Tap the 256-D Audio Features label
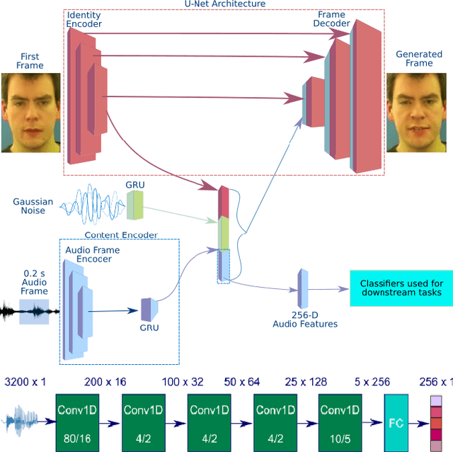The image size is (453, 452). (x=305, y=319)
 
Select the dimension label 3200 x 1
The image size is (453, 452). (x=25, y=383)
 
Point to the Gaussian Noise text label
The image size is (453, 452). (x=33, y=206)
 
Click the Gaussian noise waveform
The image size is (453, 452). (x=92, y=204)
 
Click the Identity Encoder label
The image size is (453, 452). (x=84, y=19)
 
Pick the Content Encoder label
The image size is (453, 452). (x=121, y=235)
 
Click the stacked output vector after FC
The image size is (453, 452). (x=435, y=422)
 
